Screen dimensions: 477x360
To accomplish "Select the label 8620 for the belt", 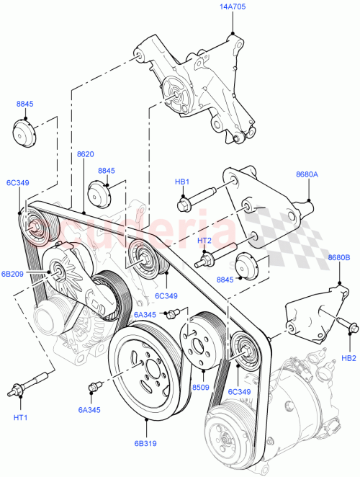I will (85, 154).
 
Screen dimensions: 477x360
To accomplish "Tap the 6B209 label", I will (12, 274).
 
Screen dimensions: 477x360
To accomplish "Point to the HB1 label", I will (181, 182).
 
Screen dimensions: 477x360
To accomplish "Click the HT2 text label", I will (204, 240).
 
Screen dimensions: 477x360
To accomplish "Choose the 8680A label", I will (308, 174).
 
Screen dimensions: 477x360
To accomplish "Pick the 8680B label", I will (338, 257).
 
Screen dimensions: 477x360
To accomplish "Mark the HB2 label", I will (349, 357).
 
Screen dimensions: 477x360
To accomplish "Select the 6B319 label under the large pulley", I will (145, 445).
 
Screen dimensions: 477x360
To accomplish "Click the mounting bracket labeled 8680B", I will (311, 310).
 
